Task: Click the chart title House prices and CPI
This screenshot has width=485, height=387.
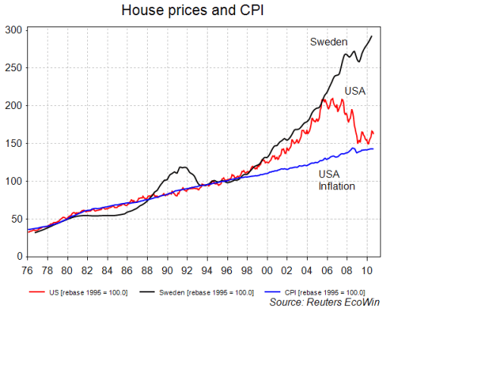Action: click(x=194, y=11)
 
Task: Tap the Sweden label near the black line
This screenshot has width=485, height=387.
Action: click(x=328, y=42)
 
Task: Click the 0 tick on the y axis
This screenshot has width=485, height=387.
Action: click(x=19, y=257)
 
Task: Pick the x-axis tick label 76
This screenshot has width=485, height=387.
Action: click(x=27, y=270)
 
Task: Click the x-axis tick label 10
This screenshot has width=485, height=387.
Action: click(x=367, y=270)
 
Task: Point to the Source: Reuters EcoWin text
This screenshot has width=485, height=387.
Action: click(x=324, y=302)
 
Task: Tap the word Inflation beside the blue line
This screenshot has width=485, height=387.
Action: click(x=336, y=186)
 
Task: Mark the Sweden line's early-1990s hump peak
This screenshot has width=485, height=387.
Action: click(x=183, y=167)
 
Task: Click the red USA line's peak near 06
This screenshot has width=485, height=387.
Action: click(x=325, y=99)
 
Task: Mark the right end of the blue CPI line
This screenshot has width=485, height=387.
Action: click(x=373, y=148)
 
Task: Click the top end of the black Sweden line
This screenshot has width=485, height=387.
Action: click(x=371, y=36)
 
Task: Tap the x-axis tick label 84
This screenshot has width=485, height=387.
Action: click(x=107, y=270)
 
